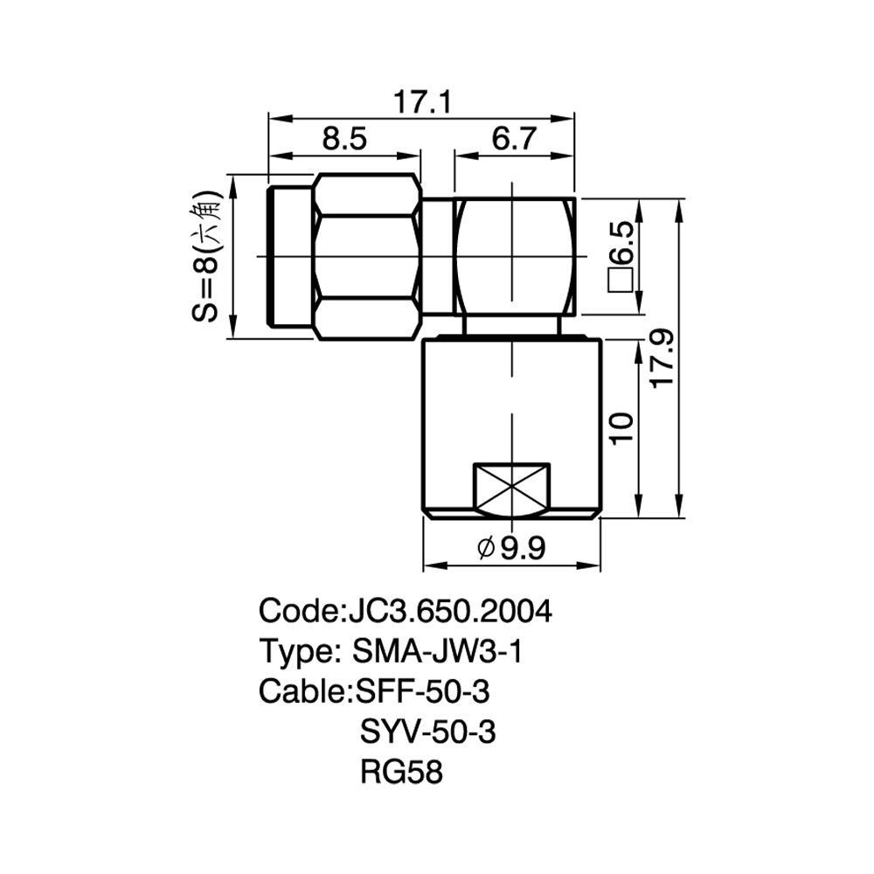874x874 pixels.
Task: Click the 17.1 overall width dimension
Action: tap(422, 102)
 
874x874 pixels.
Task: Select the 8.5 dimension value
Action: tap(344, 138)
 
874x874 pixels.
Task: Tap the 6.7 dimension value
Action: tap(514, 138)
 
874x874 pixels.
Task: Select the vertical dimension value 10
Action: tap(622, 428)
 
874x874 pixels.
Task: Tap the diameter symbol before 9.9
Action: tap(486, 549)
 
